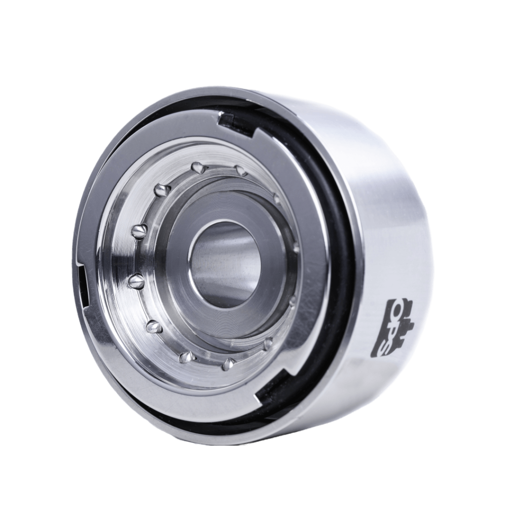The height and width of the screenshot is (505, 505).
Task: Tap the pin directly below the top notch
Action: (241, 170)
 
